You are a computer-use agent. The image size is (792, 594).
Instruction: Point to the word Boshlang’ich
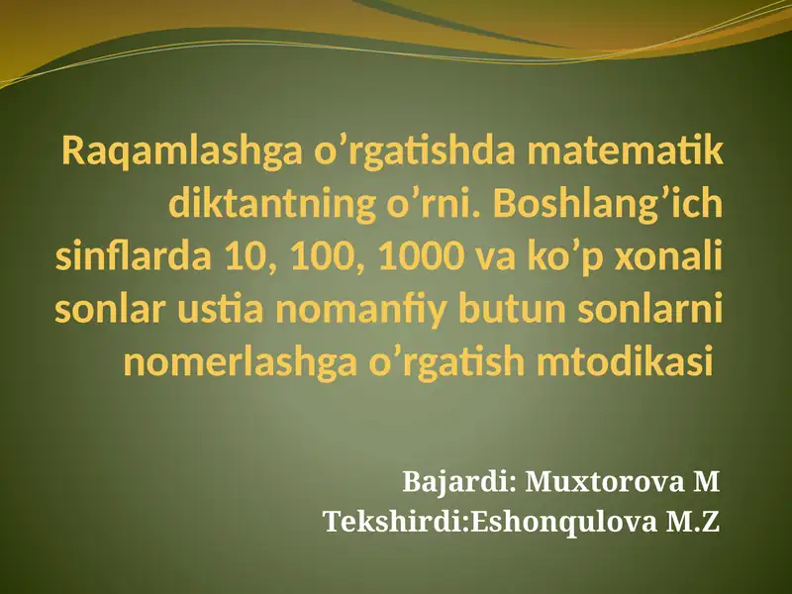[x=608, y=206]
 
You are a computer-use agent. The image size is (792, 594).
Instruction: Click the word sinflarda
[x=133, y=255]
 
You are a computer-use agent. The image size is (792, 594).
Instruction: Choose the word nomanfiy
[x=360, y=312]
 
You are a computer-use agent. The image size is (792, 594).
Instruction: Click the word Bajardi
[x=456, y=482]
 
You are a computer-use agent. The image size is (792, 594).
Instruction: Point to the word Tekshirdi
[x=394, y=522]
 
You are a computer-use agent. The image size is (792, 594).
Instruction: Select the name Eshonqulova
[x=563, y=523]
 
